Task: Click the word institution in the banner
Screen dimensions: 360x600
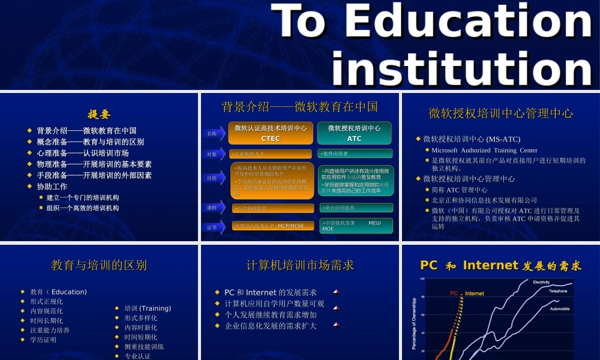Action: click(462, 68)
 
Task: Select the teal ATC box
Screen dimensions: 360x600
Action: click(354, 133)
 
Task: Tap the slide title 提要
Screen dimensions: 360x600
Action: click(99, 114)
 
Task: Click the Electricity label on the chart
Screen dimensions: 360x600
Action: click(541, 282)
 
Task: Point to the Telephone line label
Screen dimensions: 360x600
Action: click(557, 291)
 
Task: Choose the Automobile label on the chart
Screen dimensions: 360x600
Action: click(559, 309)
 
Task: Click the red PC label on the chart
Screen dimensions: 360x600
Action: click(454, 293)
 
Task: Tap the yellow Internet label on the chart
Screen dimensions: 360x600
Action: click(475, 293)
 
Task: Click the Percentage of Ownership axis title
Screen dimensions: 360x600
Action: click(413, 324)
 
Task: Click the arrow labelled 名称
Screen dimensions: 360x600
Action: click(212, 133)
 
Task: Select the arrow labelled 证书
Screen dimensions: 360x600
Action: click(212, 227)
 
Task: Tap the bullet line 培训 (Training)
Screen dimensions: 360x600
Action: click(147, 308)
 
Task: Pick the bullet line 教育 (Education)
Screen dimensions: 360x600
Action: click(58, 292)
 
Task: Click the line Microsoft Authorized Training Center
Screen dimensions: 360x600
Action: click(484, 150)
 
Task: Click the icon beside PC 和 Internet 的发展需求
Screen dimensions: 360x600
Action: click(336, 292)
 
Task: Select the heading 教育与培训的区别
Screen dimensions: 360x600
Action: click(99, 265)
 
